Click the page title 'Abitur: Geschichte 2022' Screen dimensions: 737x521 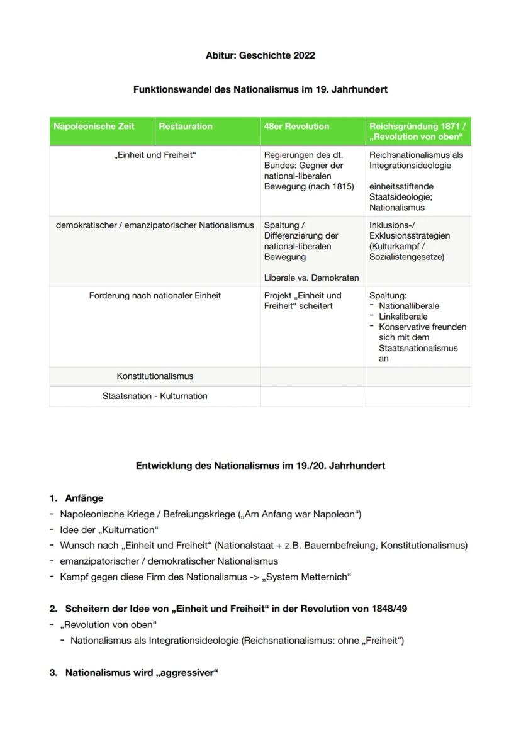tap(260, 55)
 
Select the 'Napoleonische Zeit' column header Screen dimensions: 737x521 tap(94, 127)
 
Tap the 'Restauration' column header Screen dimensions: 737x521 tap(186, 127)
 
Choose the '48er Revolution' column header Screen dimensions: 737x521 tap(296, 127)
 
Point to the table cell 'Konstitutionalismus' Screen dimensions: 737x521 tap(155, 376)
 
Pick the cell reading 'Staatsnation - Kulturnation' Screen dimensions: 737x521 tap(155, 397)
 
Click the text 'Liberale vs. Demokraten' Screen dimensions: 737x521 tap(311, 278)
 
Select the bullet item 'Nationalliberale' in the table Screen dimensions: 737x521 tap(409, 306)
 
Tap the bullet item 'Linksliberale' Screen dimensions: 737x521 tap(403, 317)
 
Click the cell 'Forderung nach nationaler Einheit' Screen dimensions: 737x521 tap(155, 296)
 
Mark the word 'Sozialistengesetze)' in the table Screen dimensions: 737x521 tap(407, 257)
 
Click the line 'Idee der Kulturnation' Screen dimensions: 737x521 tap(109, 530)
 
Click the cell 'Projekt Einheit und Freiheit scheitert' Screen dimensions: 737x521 tap(303, 301)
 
